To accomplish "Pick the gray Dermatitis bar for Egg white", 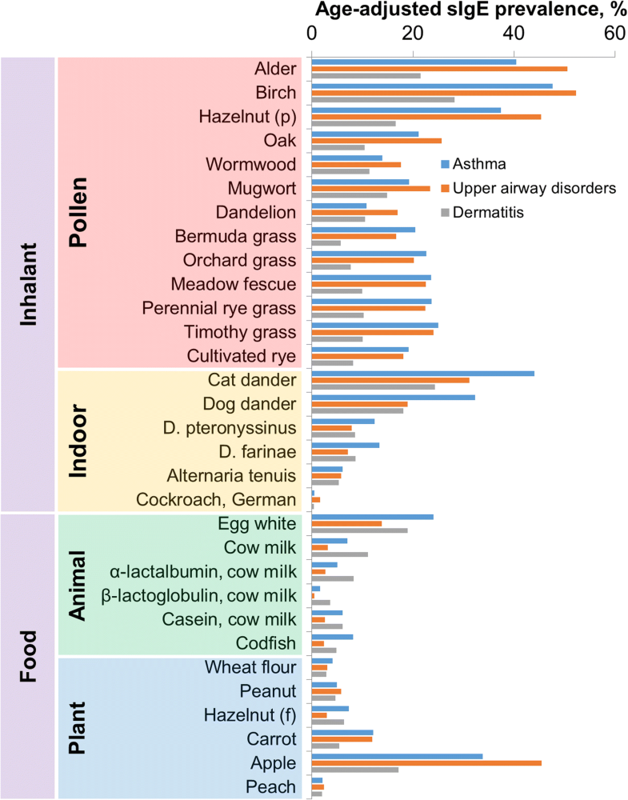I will click(359, 530).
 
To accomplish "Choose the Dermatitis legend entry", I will click(488, 212).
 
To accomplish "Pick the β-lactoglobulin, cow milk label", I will click(199, 595).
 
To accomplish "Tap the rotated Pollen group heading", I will click(78, 212).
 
